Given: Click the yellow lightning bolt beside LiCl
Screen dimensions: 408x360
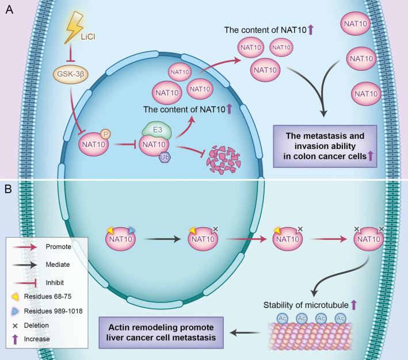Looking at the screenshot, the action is (74, 27).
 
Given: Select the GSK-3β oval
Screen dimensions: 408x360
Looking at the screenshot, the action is (71, 74).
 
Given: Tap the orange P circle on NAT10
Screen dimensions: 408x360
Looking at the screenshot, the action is (106, 134).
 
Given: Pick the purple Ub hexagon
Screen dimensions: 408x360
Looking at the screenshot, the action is (165, 157).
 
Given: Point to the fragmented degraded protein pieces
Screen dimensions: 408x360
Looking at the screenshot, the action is (223, 160).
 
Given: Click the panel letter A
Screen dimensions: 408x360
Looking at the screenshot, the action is (9, 10).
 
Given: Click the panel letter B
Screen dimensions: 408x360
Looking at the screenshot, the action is (8, 189).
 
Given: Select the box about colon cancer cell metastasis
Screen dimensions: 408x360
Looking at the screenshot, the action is (325, 146).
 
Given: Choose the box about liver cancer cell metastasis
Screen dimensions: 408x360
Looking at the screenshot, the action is (161, 332).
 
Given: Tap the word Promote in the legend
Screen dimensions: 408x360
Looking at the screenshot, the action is (58, 247).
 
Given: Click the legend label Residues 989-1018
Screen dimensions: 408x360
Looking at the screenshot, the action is (53, 311).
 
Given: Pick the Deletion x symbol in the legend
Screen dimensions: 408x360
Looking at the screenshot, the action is (15, 325).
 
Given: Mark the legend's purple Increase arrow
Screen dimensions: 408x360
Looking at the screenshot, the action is (15, 339).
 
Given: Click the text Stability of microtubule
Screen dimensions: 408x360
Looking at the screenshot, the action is (306, 305).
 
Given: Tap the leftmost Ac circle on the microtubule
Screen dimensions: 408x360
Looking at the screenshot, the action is (283, 319).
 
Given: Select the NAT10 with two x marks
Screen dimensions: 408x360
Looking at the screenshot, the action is (368, 238).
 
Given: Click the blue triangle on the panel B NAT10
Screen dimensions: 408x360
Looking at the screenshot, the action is (132, 230).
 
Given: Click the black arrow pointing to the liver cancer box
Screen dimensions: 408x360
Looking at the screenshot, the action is (245, 332).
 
